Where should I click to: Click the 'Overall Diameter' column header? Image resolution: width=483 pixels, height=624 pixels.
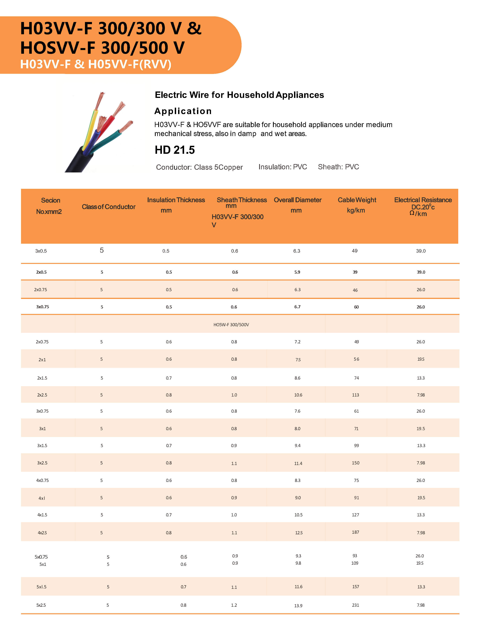coord(297,200)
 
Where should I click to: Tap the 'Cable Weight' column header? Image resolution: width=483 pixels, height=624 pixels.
coord(357,200)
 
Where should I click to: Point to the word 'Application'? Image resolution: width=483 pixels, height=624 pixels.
coord(183,111)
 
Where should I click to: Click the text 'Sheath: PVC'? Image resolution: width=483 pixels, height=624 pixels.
coord(338,167)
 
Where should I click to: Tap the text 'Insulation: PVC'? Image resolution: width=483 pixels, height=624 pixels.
coord(283,167)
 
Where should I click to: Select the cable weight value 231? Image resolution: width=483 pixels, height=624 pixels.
coord(355,605)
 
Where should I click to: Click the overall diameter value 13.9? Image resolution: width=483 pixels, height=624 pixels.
coord(298,606)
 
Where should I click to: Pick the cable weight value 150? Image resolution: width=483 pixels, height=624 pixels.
coord(355,463)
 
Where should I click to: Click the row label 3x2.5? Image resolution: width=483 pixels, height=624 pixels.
coord(42,463)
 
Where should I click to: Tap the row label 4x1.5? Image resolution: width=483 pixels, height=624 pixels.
coord(42,515)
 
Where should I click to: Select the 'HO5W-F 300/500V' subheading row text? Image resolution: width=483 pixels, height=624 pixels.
coord(231,325)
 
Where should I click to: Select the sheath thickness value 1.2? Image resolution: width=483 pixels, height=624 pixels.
coord(234,605)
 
